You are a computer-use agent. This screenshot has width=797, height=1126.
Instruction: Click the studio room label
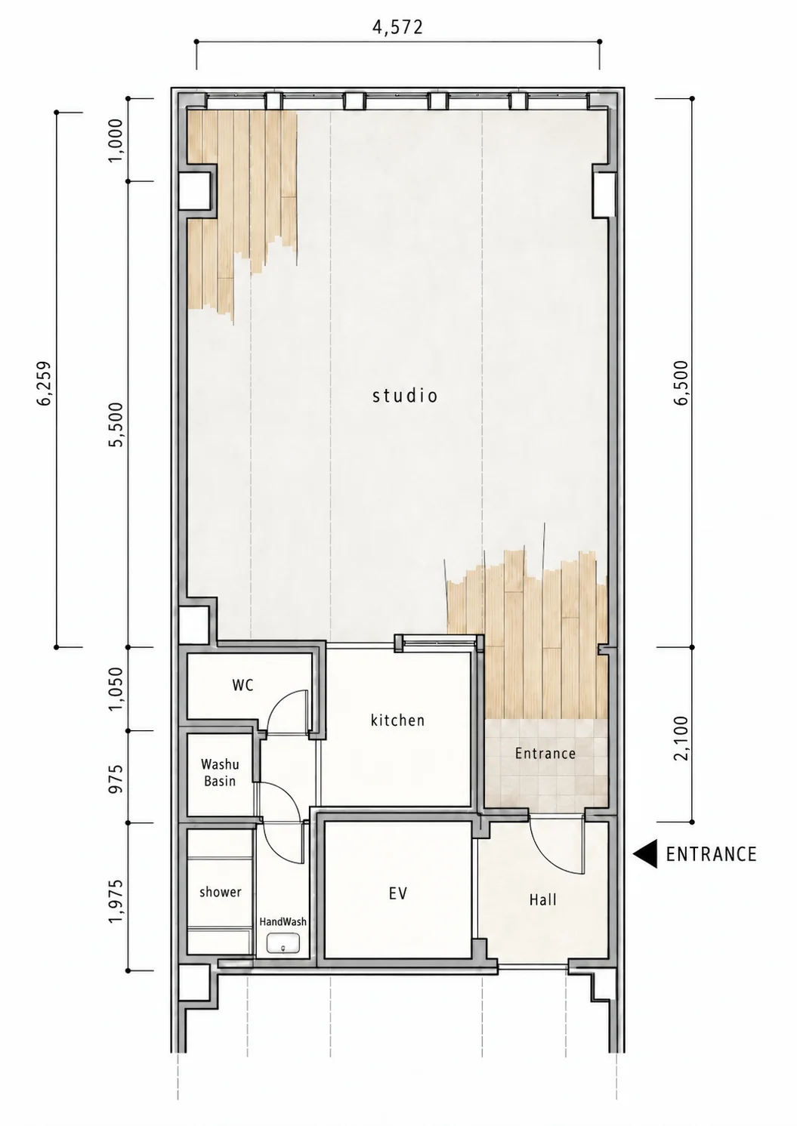405,396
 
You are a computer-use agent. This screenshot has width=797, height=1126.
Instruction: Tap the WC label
242,685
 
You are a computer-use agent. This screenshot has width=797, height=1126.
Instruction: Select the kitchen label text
398,720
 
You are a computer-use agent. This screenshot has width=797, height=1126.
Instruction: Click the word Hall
543,899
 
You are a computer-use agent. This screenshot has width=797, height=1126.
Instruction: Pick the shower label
221,892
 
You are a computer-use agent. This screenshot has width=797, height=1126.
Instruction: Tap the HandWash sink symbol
283,942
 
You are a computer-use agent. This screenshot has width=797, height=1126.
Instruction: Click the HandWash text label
283,921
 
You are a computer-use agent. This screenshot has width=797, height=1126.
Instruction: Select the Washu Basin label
220,773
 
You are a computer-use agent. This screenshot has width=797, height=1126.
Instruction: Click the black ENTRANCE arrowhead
645,853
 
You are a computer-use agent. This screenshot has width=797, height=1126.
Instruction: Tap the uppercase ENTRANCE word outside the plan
712,854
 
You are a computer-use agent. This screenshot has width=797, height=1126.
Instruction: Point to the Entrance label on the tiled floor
545,753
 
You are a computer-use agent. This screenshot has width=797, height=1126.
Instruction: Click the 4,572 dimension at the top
398,27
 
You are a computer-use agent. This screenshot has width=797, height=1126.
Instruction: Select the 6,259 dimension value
44,383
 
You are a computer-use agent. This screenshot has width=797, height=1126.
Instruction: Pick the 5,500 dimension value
116,424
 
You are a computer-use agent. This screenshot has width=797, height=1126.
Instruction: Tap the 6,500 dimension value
682,383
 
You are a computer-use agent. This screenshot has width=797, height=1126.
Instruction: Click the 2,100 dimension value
682,738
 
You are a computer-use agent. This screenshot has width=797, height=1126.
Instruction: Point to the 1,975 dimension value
116,901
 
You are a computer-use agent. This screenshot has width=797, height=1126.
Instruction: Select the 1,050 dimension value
116,689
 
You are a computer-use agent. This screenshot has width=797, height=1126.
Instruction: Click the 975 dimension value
116,779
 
